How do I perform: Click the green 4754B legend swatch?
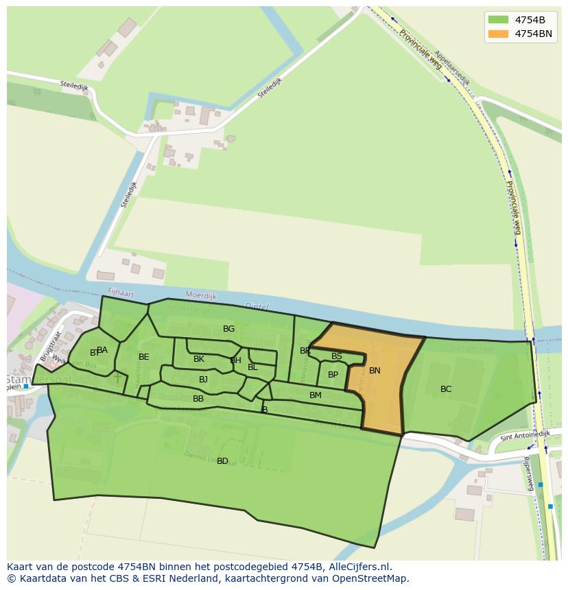tap(498, 20)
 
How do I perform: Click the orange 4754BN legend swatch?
tap(498, 34)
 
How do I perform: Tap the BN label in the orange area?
tap(375, 371)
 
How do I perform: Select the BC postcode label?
tap(446, 389)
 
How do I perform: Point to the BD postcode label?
tap(222, 461)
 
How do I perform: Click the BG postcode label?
tap(228, 329)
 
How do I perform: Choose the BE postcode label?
tap(143, 357)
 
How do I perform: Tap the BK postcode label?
tap(199, 359)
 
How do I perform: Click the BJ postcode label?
tap(203, 380)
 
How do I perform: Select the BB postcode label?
tap(198, 399)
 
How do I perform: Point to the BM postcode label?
tap(316, 395)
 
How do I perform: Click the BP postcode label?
tap(333, 375)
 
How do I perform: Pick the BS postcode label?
tap(337, 356)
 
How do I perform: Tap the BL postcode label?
tap(252, 367)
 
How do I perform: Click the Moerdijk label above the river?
tap(201, 296)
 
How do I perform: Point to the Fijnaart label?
tap(139, 293)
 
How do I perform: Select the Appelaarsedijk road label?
tap(453, 69)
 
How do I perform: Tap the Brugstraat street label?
tap(49, 346)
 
